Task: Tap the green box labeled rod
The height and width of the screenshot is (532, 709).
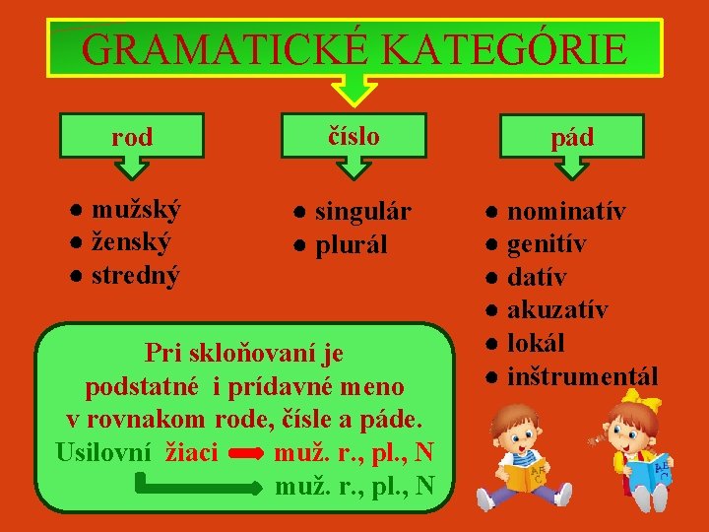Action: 132,137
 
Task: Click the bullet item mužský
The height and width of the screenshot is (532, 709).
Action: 136,209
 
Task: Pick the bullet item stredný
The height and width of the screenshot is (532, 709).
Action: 136,276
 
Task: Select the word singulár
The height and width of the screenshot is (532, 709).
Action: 363,212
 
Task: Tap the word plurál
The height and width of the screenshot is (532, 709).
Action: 352,245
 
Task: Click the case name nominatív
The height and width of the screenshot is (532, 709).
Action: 566,211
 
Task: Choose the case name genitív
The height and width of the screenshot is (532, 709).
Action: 548,244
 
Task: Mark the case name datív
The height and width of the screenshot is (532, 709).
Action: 537,277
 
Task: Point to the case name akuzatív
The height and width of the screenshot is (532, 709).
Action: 557,310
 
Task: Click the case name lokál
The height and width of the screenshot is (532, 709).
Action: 536,343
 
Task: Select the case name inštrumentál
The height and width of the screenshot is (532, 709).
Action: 582,375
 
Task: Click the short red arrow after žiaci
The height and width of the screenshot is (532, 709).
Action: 246,454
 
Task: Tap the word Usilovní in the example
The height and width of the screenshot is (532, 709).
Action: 103,453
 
